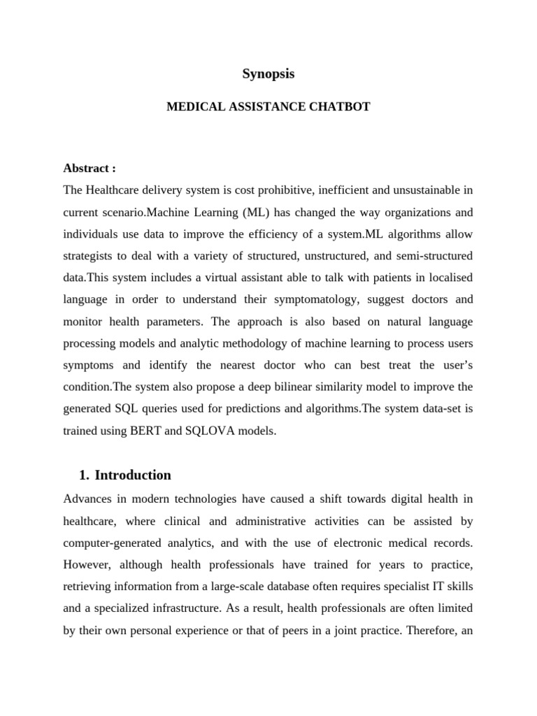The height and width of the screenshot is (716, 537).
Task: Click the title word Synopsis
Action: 268,74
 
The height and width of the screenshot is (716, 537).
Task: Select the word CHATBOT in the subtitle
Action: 340,107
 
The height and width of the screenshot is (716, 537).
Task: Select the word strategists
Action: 92,256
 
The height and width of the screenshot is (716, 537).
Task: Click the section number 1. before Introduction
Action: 85,475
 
